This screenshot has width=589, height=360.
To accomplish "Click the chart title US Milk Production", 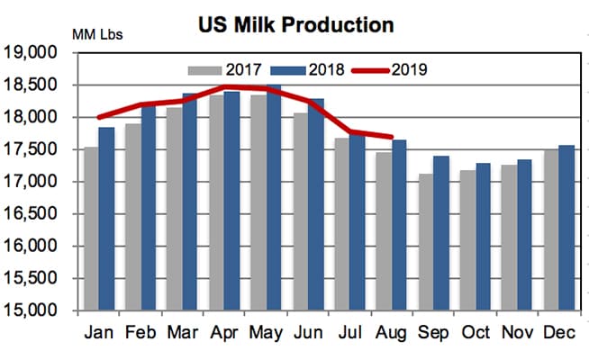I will [x=295, y=24].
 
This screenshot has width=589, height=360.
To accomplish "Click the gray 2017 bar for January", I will [x=90, y=229].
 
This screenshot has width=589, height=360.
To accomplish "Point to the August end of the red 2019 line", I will [x=392, y=137].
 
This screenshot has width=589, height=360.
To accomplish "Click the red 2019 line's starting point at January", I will [x=98, y=117].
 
